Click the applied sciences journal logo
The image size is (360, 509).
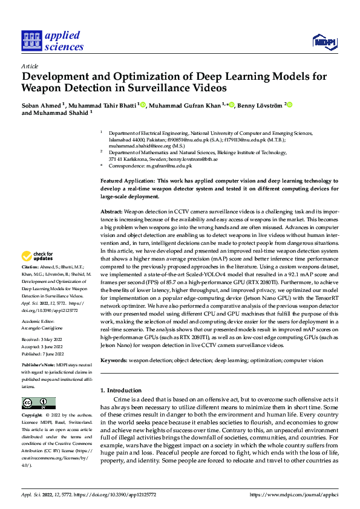point(53,41)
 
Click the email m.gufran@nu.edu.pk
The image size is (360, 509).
point(172,166)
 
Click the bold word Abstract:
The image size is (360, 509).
point(111,212)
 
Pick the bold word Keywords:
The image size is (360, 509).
point(114,360)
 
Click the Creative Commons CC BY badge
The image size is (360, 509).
point(38,403)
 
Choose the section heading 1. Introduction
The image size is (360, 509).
point(121,391)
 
